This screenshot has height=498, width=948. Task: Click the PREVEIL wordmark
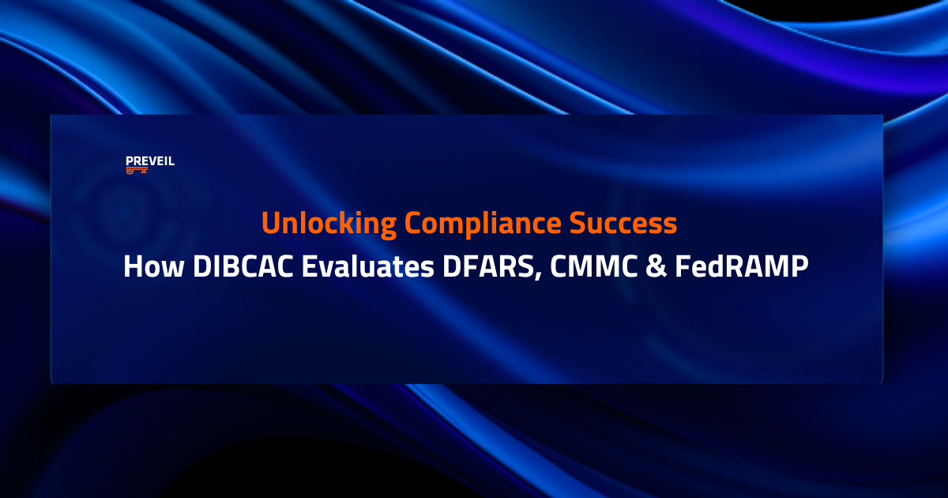coord(150,160)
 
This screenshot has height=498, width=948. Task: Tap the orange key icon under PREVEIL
coord(137,170)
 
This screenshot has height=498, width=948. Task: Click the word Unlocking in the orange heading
coord(328,224)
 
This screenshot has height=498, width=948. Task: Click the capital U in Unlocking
coord(270,224)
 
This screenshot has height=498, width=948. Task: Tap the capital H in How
coord(134,267)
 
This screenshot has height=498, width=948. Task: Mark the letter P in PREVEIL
coord(129,160)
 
